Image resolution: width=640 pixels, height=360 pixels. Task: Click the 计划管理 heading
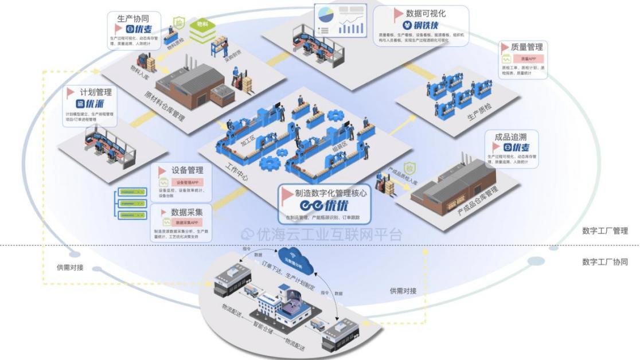[x=96, y=92]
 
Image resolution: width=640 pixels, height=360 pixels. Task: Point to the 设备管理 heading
[x=188, y=170]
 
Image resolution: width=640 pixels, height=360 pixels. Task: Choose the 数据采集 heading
[x=187, y=210]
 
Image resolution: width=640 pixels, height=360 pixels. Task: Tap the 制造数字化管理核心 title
[x=331, y=193]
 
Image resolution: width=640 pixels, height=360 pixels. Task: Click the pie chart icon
[x=326, y=12]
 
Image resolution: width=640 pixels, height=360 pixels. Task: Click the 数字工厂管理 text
[x=605, y=231]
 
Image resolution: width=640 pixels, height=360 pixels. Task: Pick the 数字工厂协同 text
[x=605, y=262]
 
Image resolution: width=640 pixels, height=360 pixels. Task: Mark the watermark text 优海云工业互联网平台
[x=321, y=234]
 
